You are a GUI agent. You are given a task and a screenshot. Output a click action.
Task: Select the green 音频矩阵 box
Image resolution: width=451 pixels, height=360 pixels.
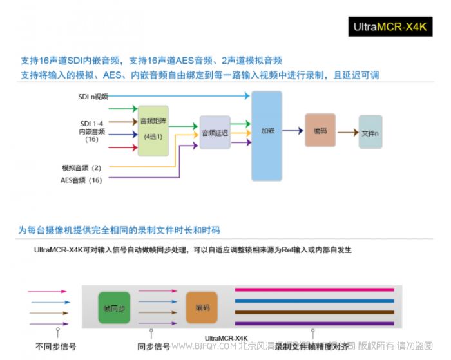pos(153,131)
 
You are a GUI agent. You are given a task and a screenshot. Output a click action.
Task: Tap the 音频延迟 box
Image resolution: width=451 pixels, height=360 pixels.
pos(215,133)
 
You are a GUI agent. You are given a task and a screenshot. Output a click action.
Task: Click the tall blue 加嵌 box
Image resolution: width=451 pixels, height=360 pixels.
pos(267,135)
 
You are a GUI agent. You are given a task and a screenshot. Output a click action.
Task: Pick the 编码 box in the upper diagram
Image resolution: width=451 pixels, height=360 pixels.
pos(320,130)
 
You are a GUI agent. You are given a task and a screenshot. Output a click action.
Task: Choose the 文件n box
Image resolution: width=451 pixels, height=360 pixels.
pos(370,132)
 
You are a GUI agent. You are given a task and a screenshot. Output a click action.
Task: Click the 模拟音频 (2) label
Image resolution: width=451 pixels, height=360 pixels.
pos(82,167)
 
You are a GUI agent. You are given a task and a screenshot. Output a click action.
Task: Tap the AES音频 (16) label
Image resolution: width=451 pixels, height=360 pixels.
pos(81,180)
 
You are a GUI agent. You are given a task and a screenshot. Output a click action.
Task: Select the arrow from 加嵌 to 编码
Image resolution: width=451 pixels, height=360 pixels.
pos(293,131)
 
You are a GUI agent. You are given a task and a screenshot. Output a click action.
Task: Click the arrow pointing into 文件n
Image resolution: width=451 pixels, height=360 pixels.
pos(347,132)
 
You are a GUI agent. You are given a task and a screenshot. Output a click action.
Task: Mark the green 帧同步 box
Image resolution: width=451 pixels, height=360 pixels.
pos(114,308)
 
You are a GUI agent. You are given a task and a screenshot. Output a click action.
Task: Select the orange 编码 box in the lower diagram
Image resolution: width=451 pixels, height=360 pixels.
pos(202,307)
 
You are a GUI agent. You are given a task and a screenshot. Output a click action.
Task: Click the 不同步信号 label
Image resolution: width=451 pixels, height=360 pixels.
pos(55,346)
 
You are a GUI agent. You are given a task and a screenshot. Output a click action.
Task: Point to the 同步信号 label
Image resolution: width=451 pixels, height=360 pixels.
pos(153,346)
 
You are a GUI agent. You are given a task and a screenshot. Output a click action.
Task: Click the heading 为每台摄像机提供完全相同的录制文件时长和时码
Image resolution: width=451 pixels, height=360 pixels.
pos(119,230)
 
